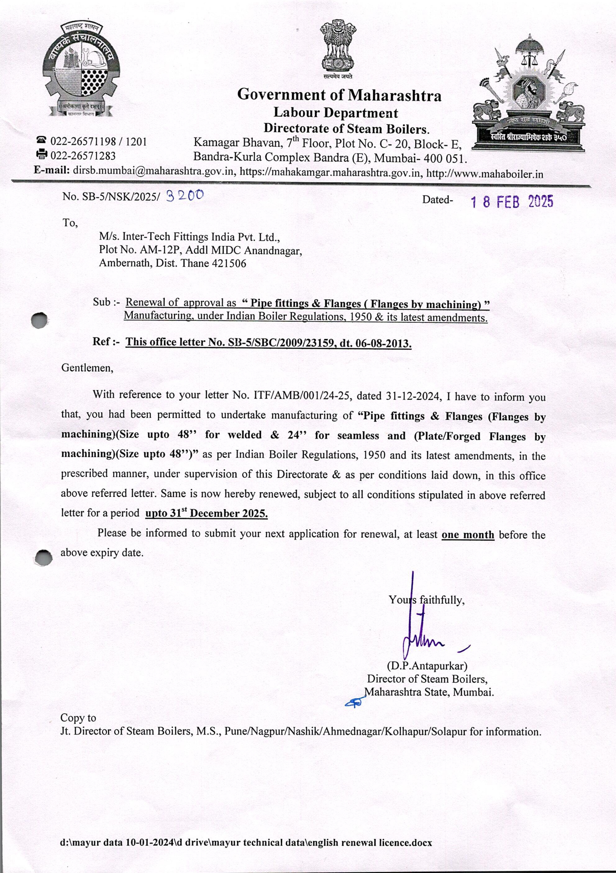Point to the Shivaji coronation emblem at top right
pos(529,93)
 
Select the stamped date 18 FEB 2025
pos(512,202)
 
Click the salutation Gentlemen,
pos(87,368)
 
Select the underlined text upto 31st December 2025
pos(206,513)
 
